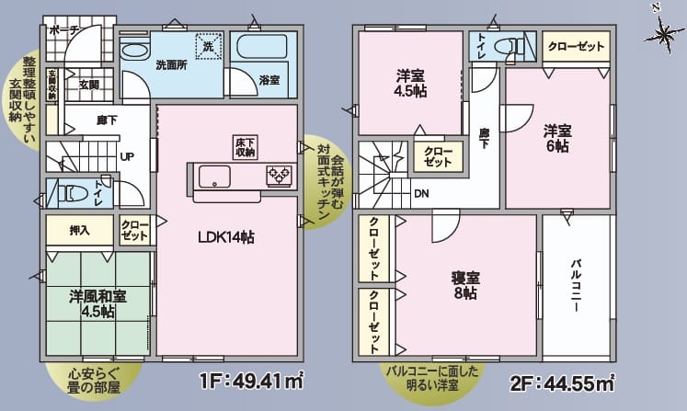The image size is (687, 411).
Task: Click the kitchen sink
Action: coord(215,176)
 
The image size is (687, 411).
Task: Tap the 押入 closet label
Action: coord(79,229)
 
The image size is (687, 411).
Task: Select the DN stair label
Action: coord(420,194)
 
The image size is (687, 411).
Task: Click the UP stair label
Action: coord(127,155)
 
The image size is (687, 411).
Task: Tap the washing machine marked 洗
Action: coord(208,46)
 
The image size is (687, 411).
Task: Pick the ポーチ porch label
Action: coord(64,30)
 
